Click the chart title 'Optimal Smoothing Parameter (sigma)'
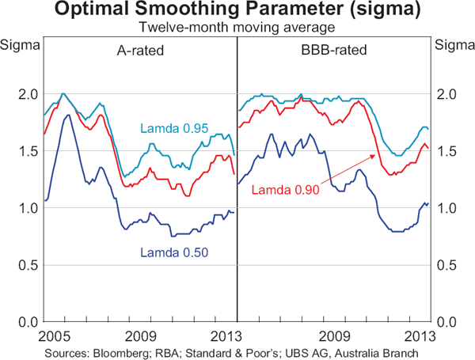point(237,11)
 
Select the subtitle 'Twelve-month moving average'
point(237,27)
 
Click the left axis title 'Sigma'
point(17,44)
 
